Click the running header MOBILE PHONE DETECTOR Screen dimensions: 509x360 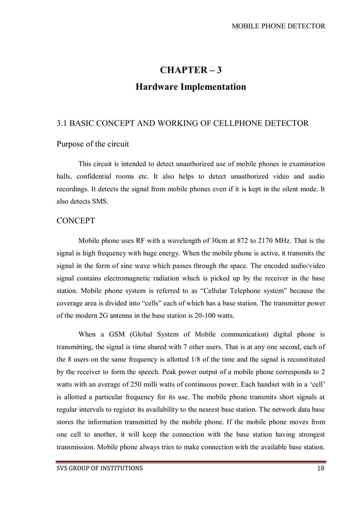(279, 26)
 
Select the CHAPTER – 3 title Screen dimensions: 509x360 (191, 70)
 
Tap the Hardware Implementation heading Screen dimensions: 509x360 (191, 87)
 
